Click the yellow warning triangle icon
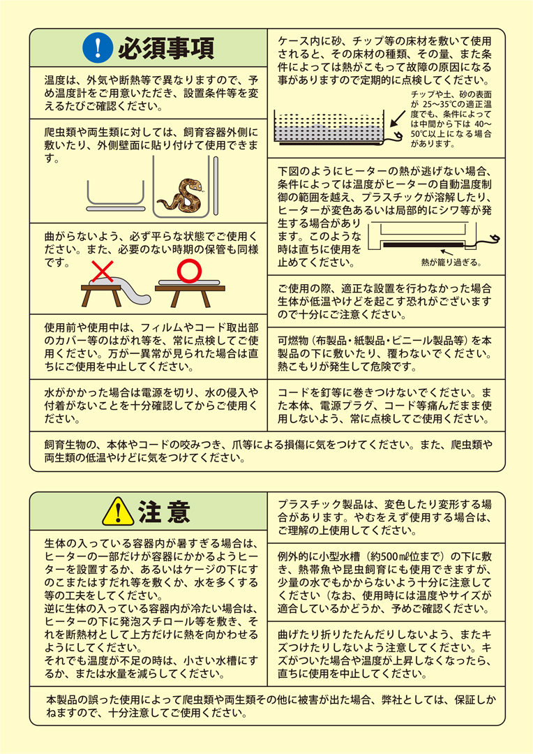click(x=119, y=512)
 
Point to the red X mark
click(x=104, y=270)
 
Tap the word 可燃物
click(x=294, y=341)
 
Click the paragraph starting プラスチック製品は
click(x=386, y=516)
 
